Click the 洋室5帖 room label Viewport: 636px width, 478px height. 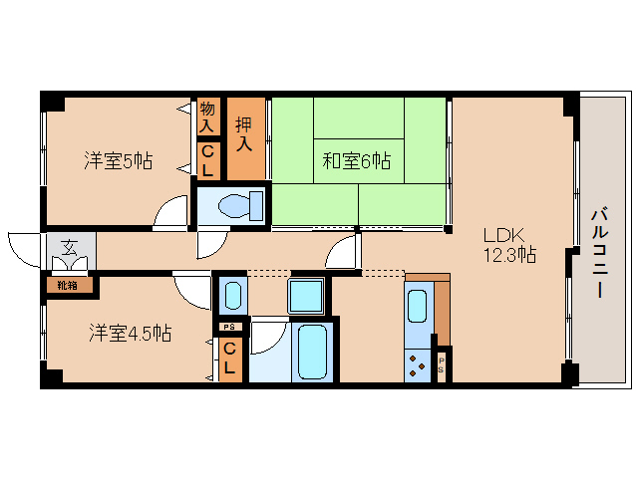118,159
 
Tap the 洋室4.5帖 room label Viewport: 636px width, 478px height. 129,333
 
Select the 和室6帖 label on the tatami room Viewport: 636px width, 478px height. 356,159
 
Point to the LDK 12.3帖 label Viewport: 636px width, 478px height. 509,245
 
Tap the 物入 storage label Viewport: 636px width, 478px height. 207,117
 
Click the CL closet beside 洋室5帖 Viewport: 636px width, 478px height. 207,160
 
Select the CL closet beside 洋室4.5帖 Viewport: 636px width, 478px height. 229,358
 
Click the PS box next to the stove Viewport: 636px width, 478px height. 442,364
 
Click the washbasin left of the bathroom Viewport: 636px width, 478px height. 232,296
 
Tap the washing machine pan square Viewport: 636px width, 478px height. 306,296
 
